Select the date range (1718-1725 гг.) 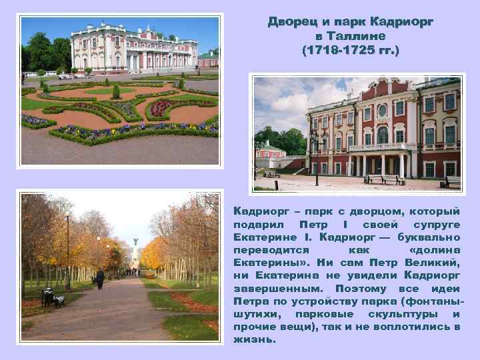351,50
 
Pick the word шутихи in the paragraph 257,314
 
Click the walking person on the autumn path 100,277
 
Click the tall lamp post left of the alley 67,250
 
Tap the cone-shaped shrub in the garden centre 117,91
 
